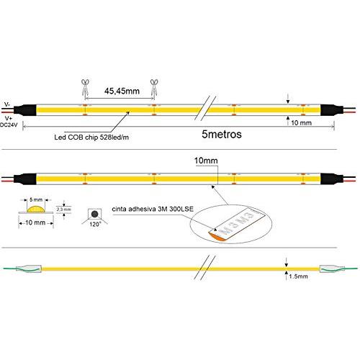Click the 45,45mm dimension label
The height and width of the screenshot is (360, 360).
[122, 91]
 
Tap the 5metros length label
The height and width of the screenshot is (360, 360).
[222, 134]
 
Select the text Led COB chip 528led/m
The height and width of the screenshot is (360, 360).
[91, 138]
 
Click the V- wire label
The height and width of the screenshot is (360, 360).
[7, 104]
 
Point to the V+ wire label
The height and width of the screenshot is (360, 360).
[9, 118]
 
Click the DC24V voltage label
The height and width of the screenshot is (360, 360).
[9, 125]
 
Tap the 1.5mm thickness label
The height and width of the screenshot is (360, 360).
[298, 276]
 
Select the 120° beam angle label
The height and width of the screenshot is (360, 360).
[95, 225]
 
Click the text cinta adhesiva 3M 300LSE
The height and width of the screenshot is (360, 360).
[153, 209]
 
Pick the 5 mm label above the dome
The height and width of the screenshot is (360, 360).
[36, 199]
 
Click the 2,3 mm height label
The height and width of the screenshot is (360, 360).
[64, 210]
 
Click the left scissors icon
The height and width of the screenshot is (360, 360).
[85, 88]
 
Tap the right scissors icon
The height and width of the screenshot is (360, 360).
[154, 88]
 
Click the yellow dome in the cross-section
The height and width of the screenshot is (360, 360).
[36, 210]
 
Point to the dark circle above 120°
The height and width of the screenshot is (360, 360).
[94, 214]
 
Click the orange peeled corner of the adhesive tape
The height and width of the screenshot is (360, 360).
[217, 235]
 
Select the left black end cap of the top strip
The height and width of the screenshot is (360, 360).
[25, 110]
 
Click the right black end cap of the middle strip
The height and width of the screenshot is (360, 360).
[332, 179]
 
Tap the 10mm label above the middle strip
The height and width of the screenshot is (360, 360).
[206, 161]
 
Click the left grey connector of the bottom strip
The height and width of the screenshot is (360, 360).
[29, 269]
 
